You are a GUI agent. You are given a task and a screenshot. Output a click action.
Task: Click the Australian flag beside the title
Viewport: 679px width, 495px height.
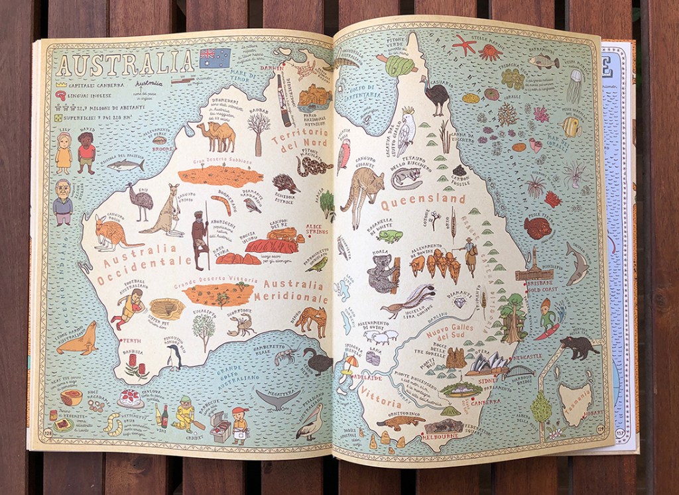[x=215, y=58]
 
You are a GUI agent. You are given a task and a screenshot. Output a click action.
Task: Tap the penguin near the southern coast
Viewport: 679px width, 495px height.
[x=174, y=357]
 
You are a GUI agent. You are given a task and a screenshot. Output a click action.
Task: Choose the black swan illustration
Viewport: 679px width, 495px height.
[x=318, y=361]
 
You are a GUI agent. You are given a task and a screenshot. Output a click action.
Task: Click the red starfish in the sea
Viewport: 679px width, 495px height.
[x=464, y=45]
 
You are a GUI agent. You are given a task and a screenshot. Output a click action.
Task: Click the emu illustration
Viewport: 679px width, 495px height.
[x=141, y=201]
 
